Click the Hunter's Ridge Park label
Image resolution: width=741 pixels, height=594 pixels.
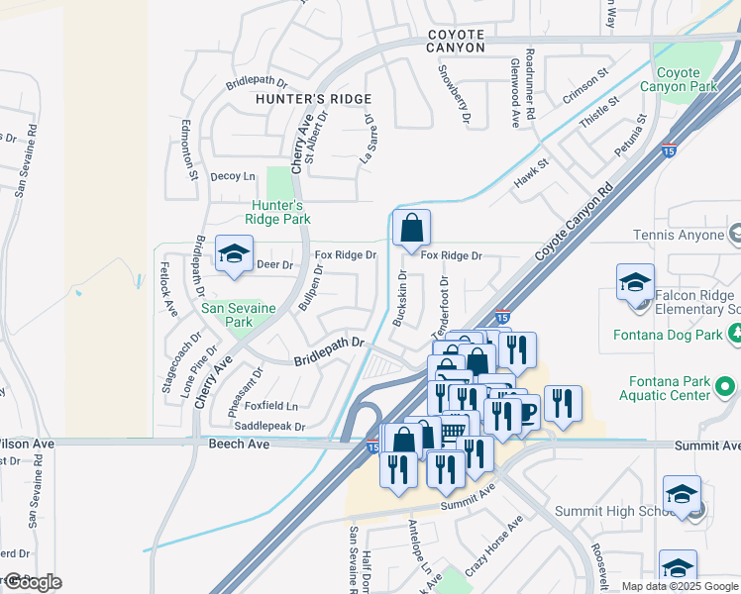pyautogui.click(x=279, y=212)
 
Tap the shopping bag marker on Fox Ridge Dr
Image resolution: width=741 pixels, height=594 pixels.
pyautogui.click(x=411, y=229)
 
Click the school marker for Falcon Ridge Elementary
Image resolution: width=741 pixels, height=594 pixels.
pyautogui.click(x=635, y=282)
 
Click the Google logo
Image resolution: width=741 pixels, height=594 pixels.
pyautogui.click(x=33, y=581)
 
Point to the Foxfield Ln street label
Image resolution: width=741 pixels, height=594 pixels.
pyautogui.click(x=271, y=406)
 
